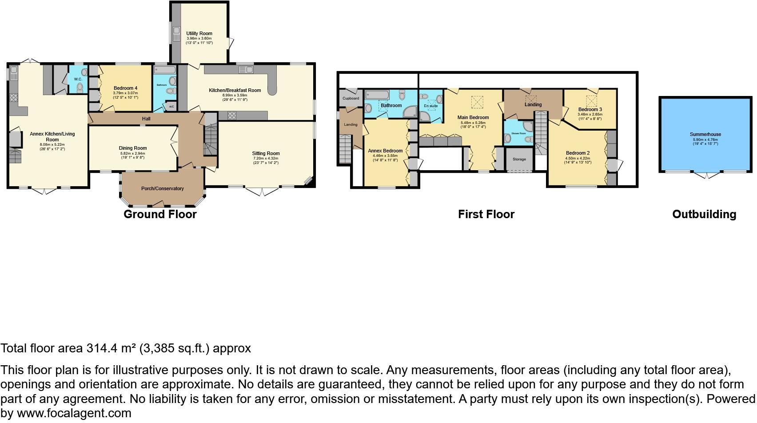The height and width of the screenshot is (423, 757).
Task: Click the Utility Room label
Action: coord(199,33)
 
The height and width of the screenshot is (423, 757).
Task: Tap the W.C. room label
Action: coord(78,79)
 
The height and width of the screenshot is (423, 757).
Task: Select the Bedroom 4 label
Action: coord(125,88)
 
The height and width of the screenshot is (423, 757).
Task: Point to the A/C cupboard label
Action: coord(171,107)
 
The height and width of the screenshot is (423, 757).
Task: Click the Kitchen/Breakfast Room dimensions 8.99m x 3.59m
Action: coord(235,95)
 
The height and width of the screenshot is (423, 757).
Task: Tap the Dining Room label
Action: coord(132,148)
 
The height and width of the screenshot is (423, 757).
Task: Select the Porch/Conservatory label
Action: coord(162,188)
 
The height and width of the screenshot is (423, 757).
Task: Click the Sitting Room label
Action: coord(266,153)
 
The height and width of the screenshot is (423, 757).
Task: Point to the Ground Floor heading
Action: coord(160,214)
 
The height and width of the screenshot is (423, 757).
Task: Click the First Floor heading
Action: coord(486,214)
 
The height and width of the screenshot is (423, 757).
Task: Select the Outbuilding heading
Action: coord(704,214)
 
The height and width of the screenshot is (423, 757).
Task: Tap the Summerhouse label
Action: coord(705,134)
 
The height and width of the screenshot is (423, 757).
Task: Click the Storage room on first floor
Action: coord(519,159)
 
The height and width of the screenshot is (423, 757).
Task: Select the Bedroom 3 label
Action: coord(590,109)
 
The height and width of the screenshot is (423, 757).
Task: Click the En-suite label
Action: coord(430,106)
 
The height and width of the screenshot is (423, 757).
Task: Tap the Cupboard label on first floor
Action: coord(351,98)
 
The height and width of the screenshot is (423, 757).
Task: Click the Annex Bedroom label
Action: coord(385,151)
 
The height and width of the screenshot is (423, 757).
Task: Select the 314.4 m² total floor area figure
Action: coord(111,348)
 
